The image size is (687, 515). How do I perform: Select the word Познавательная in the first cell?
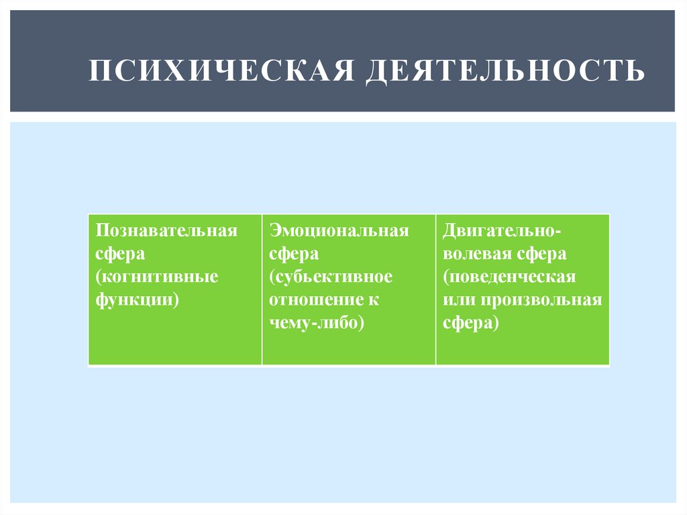166,232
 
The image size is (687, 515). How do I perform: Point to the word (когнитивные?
157,277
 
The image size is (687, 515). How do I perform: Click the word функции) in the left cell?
137,299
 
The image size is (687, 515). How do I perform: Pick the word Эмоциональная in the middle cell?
339,232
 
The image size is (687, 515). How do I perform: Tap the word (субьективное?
331,277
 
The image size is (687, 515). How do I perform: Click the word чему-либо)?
317,322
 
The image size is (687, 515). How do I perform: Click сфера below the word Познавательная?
116,254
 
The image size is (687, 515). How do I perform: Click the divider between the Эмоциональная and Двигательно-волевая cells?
436,289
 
